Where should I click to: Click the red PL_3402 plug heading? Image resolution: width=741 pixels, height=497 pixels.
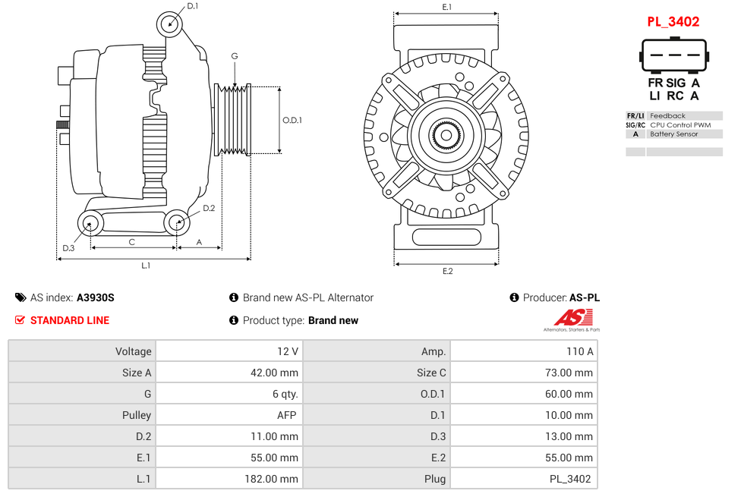673,22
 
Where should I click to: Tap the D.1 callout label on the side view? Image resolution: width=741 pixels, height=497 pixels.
193,6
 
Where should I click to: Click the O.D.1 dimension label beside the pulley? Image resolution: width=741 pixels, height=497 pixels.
292,120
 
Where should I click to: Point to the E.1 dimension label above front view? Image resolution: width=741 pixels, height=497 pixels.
447,7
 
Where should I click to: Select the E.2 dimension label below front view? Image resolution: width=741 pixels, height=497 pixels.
447,272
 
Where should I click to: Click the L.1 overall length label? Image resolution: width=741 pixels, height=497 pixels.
146,266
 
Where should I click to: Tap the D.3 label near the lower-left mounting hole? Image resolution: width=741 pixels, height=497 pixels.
68,248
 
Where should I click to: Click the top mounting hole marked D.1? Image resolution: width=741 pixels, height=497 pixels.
170,24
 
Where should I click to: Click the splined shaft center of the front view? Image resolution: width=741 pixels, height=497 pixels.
446,137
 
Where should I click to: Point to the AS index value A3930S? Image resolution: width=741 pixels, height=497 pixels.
96,298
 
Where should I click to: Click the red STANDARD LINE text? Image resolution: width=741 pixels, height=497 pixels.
70,320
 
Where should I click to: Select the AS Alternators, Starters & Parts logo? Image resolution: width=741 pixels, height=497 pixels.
571,320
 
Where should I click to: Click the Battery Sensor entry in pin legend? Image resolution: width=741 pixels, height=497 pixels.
673,134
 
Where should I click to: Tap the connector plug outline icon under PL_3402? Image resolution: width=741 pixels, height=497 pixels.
673,55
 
